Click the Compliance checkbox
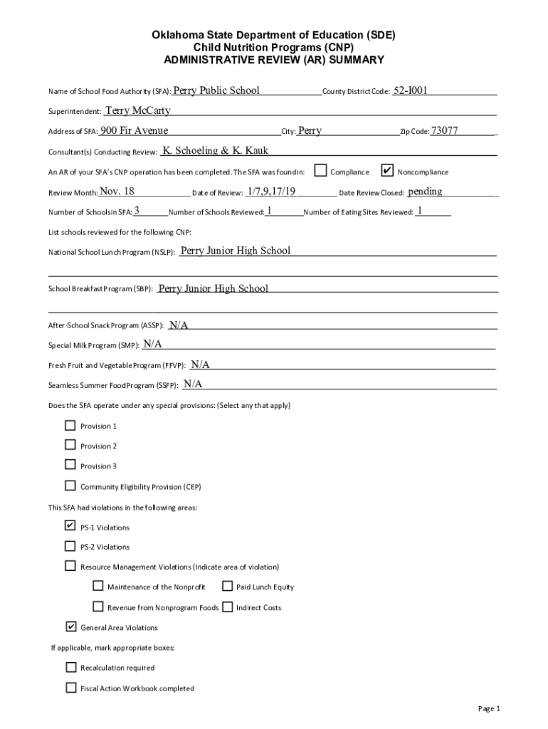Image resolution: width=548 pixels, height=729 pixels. pos(321,171)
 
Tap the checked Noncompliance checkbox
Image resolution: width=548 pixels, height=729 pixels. pos(387,171)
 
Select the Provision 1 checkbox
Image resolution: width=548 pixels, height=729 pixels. pos(70,426)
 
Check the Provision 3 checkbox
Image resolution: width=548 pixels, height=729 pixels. pos(70,465)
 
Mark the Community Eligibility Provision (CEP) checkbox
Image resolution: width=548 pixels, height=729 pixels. pos(70,486)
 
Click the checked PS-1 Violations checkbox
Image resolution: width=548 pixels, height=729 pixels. pos(70,526)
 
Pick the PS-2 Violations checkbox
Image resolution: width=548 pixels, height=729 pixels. pos(70,546)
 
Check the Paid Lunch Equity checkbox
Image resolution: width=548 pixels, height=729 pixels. pos(227,587)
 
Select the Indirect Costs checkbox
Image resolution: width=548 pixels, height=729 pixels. pos(227,607)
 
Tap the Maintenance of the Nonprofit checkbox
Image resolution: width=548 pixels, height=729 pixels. pos(98,587)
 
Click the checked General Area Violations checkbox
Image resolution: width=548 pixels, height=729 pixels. pos(70,627)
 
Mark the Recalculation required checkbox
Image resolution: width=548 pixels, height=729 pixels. pos(70,667)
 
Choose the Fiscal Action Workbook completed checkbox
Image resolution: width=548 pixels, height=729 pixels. pos(70,688)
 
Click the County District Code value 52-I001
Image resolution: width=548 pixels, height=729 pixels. pos(415,90)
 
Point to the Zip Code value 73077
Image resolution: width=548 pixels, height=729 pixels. pos(445,130)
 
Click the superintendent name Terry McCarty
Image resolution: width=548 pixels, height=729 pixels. pos(137,110)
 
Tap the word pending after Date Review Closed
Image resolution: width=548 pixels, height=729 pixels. pos(425,192)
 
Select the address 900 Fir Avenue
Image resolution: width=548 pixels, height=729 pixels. pos(134,130)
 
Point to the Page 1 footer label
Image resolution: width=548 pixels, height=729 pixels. pos(490,708)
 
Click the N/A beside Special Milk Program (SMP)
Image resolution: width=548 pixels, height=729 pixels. pos(152,344)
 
